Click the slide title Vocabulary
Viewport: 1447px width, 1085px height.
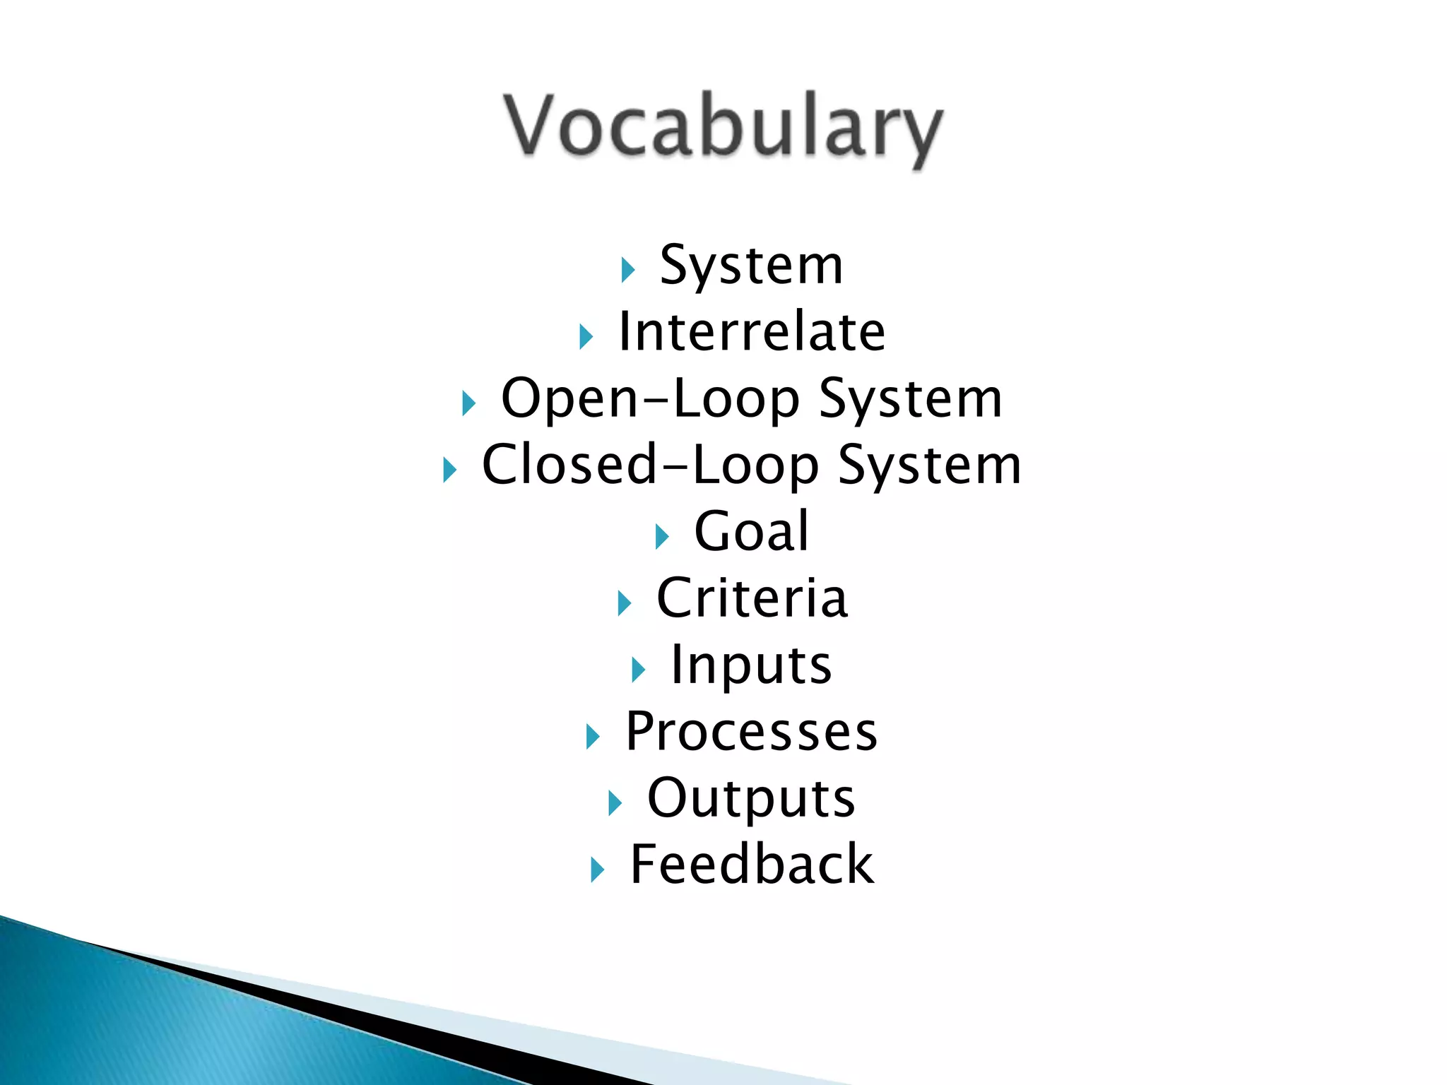(723, 127)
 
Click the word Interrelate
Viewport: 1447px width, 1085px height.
(751, 332)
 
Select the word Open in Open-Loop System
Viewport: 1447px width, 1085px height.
(569, 399)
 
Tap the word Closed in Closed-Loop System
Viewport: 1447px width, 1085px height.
(569, 465)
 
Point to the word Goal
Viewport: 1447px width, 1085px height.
(751, 531)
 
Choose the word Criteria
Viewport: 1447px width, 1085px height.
(752, 598)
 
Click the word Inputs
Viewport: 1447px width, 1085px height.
(751, 665)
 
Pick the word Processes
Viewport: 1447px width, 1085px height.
(751, 732)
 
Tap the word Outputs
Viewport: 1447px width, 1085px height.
(751, 799)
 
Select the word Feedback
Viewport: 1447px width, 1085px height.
(752, 865)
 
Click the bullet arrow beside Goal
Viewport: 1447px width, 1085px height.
(661, 537)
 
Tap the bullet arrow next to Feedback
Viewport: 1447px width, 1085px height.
(597, 870)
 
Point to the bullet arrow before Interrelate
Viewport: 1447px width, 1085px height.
(585, 337)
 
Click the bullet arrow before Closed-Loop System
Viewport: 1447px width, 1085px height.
(449, 470)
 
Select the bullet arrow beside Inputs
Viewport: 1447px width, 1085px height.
(638, 670)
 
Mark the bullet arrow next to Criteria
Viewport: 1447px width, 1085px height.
(624, 603)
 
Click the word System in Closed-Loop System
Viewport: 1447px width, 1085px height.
(929, 466)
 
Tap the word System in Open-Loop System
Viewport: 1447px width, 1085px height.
(910, 400)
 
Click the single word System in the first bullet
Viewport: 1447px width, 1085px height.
(751, 266)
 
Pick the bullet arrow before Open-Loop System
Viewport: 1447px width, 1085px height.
(468, 404)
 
